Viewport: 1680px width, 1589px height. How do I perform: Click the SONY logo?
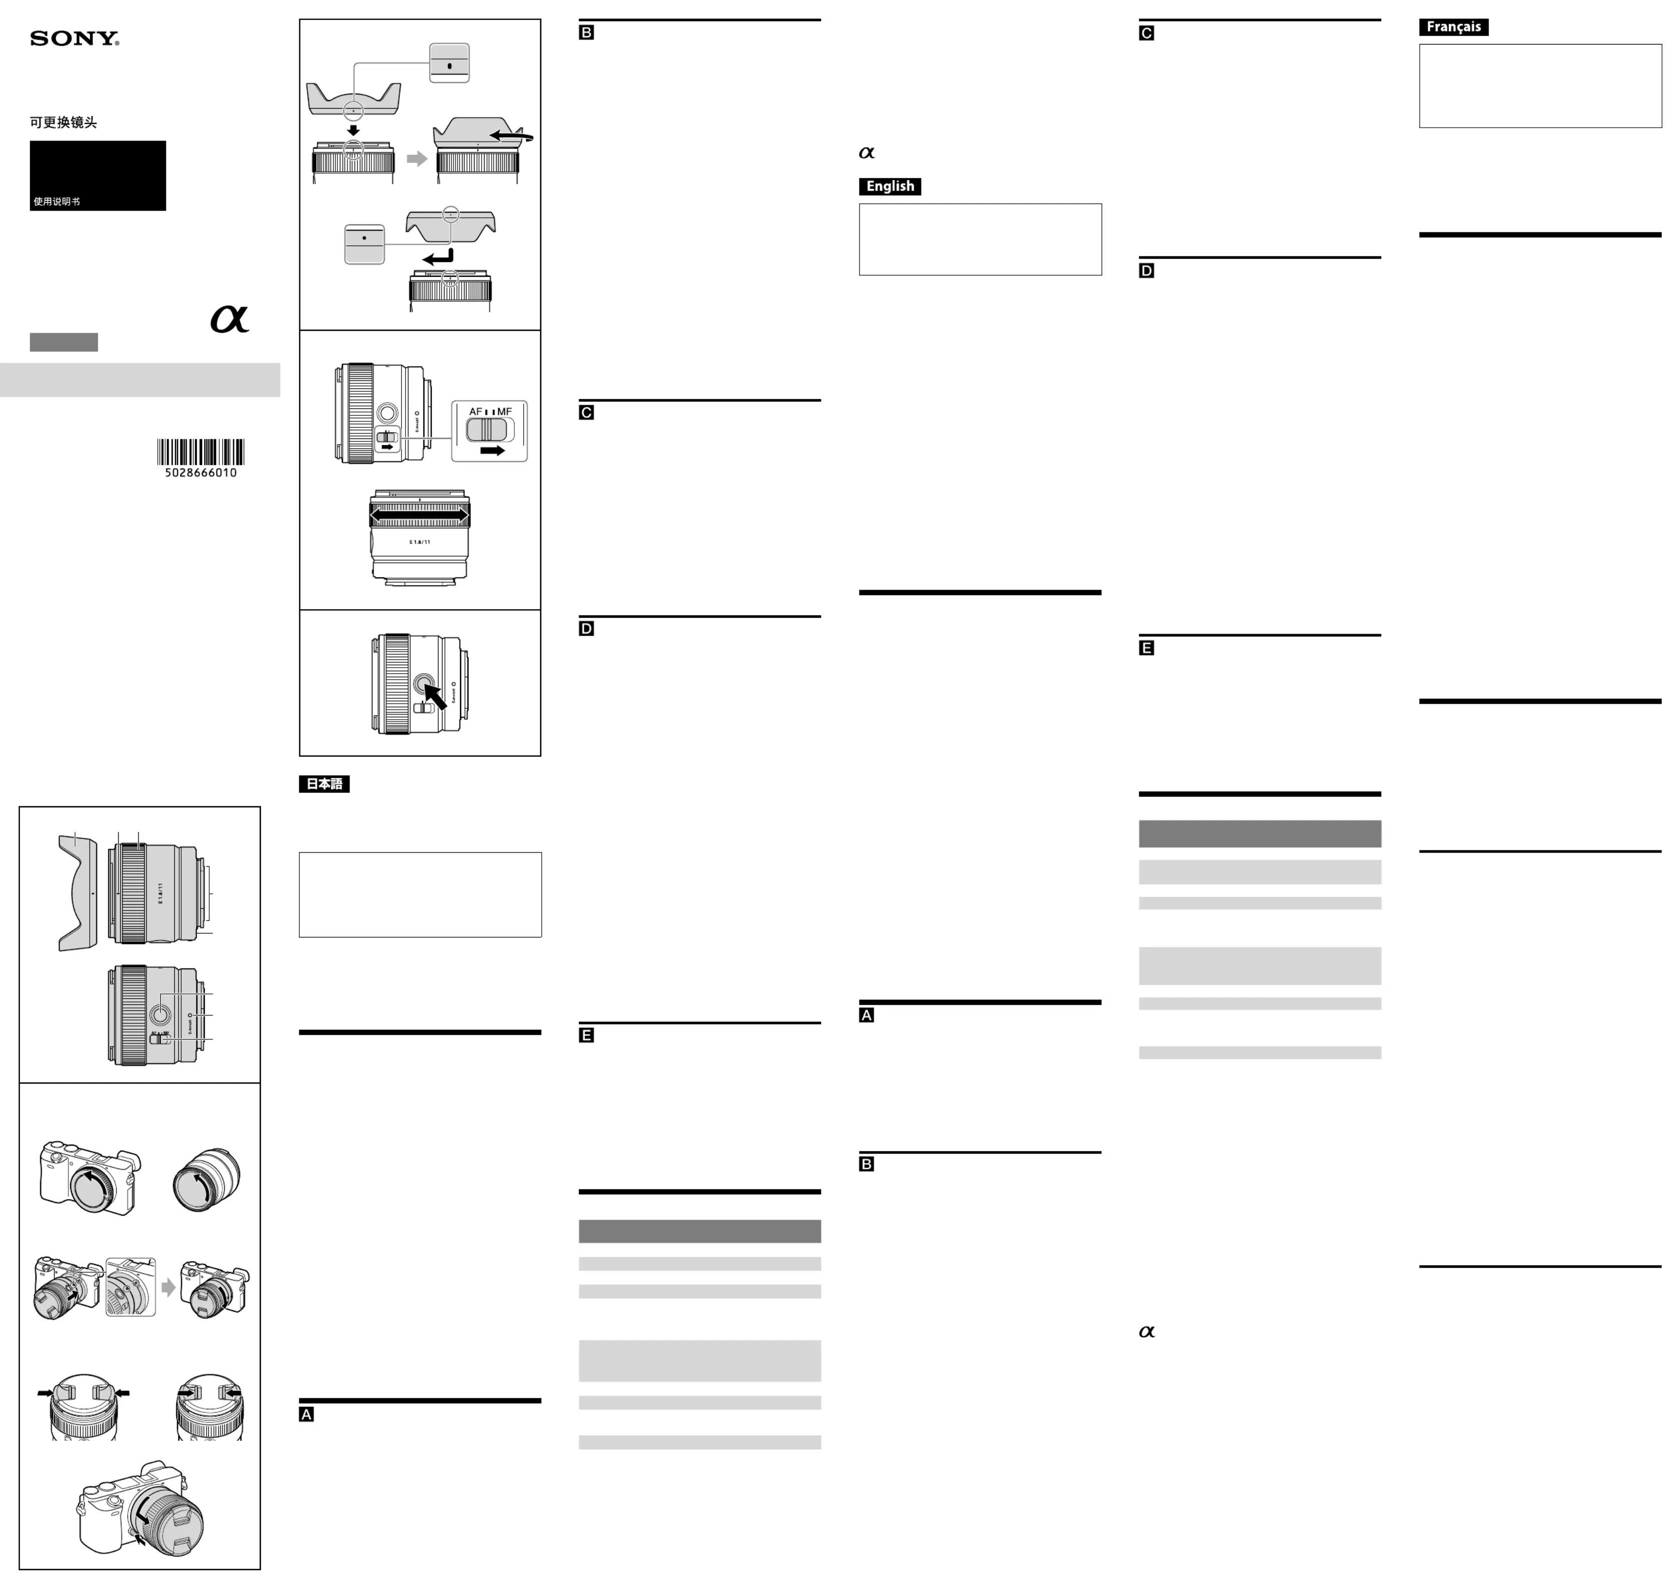point(75,39)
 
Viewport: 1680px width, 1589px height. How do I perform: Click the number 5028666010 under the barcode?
point(201,472)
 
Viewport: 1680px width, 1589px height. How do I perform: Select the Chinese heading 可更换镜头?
point(64,123)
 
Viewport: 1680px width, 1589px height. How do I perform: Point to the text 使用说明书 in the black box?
point(57,202)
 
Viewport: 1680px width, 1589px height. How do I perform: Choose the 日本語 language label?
point(324,784)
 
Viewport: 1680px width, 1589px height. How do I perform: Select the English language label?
point(890,186)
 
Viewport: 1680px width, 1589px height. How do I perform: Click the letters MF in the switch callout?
point(504,412)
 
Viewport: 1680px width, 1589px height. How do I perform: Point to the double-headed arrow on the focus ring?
point(419,514)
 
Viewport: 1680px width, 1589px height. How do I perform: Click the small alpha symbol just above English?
point(866,153)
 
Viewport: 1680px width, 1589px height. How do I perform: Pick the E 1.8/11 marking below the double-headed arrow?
point(420,542)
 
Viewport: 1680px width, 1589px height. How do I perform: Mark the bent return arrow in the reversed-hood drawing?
point(439,257)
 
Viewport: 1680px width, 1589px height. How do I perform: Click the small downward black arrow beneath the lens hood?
point(353,131)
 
